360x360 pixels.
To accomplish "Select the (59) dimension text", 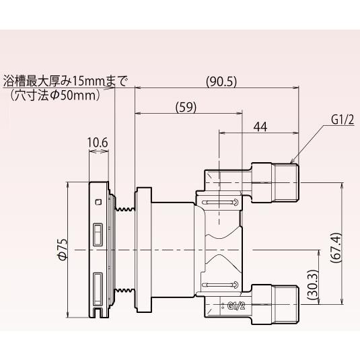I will (187, 106).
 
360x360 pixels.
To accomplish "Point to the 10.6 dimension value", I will (98, 143).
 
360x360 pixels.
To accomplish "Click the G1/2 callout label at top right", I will (343, 120).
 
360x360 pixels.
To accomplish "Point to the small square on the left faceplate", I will (98, 201).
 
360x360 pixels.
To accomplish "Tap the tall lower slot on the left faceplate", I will (98, 287).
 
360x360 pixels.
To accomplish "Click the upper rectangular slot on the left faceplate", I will (98, 234).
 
